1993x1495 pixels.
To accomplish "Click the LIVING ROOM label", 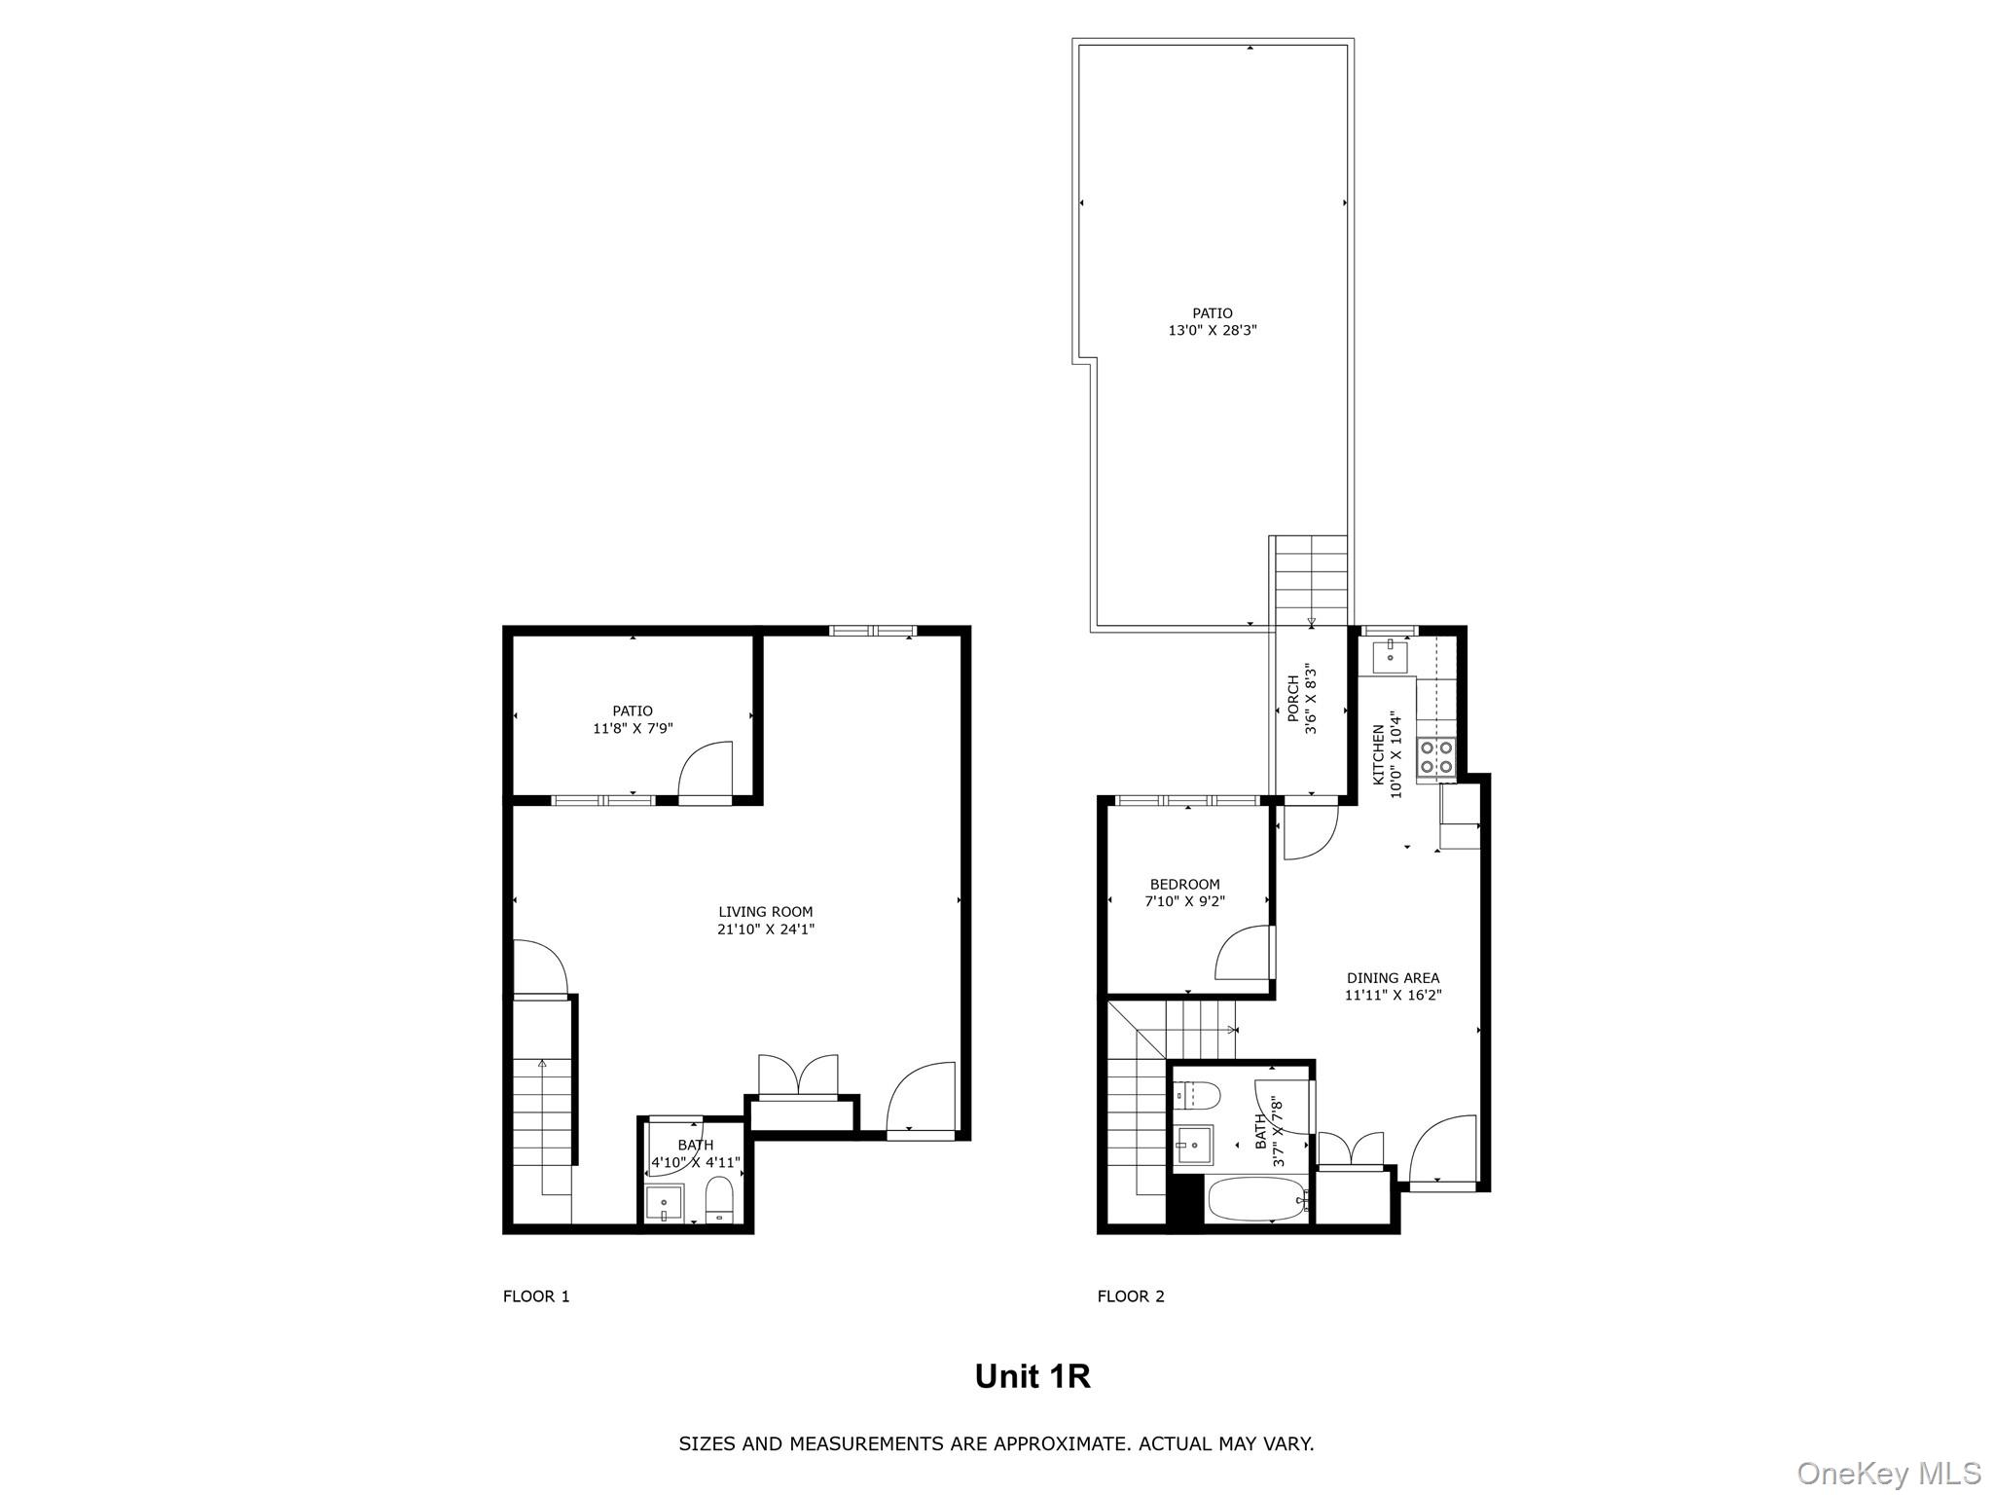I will point(765,912).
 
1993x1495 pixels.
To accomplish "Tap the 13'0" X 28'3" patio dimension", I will point(1213,331).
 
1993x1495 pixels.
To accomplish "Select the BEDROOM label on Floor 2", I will point(1184,885).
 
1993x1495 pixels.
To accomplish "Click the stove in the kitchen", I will point(1435,757).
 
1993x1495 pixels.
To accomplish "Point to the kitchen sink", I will point(1390,657).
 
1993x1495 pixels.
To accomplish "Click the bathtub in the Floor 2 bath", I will point(1256,1199).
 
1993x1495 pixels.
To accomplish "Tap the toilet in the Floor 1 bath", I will point(718,1199).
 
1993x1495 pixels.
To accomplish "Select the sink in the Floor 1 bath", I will point(665,1203).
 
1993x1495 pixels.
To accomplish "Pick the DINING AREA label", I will point(1393,978).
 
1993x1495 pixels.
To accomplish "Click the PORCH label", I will point(1293,699).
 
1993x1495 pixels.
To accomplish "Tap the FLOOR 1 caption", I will point(536,1296).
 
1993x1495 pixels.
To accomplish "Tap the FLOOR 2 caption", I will point(1131,1296).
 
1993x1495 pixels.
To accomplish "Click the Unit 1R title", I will point(1032,1376).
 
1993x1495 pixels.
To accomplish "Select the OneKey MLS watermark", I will point(1888,1473).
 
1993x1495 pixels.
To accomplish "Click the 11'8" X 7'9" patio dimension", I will point(633,728).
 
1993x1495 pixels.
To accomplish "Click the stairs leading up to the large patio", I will point(1311,578).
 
